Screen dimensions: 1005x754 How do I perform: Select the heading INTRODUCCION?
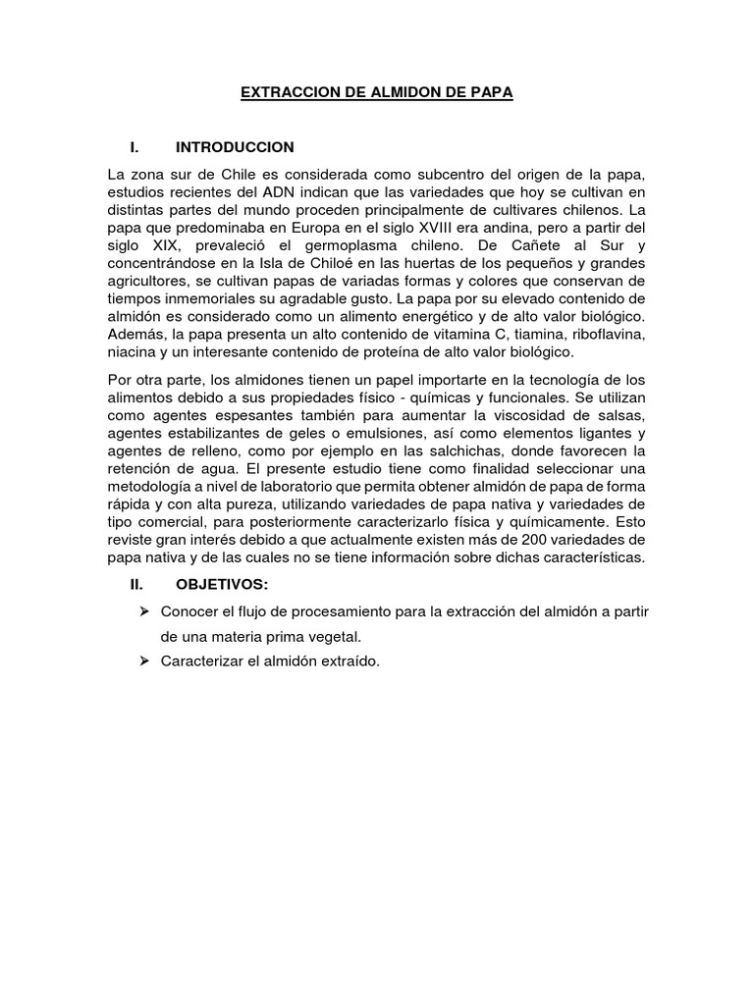pyautogui.click(x=235, y=147)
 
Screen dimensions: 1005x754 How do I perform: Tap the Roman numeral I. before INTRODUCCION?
pyautogui.click(x=135, y=147)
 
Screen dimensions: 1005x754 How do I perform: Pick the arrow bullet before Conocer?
pyautogui.click(x=143, y=611)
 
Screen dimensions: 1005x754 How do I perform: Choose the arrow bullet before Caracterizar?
pyautogui.click(x=143, y=661)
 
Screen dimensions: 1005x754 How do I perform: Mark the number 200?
pyautogui.click(x=528, y=539)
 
